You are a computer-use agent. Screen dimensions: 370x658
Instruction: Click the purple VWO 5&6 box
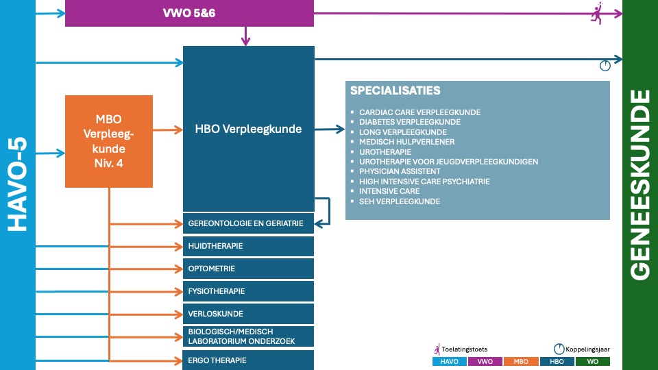point(189,13)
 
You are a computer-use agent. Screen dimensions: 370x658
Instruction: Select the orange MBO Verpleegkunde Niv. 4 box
point(109,141)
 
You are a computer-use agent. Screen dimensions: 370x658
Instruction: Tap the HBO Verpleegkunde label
point(248,129)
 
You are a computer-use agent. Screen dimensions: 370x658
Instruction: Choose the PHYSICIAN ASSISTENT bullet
point(400,171)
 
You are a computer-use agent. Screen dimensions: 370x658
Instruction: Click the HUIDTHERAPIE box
point(248,246)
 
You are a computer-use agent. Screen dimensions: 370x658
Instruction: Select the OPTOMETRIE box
point(248,269)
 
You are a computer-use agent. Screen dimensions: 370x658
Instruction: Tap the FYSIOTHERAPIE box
point(248,291)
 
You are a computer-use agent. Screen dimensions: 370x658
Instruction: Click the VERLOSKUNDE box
point(248,314)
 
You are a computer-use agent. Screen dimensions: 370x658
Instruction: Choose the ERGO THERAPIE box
point(248,360)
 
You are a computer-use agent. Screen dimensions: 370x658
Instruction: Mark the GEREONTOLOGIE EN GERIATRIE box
point(248,223)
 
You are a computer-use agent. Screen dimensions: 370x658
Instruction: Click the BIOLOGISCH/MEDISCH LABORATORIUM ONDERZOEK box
point(248,336)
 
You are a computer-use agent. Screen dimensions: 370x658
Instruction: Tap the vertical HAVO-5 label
point(17,185)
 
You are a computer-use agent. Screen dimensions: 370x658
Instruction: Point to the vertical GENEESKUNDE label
point(639,185)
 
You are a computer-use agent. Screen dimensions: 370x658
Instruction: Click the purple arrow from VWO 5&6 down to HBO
point(245,36)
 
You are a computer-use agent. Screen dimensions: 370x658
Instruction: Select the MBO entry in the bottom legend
point(521,362)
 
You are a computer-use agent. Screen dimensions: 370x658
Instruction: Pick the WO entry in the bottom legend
point(592,362)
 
